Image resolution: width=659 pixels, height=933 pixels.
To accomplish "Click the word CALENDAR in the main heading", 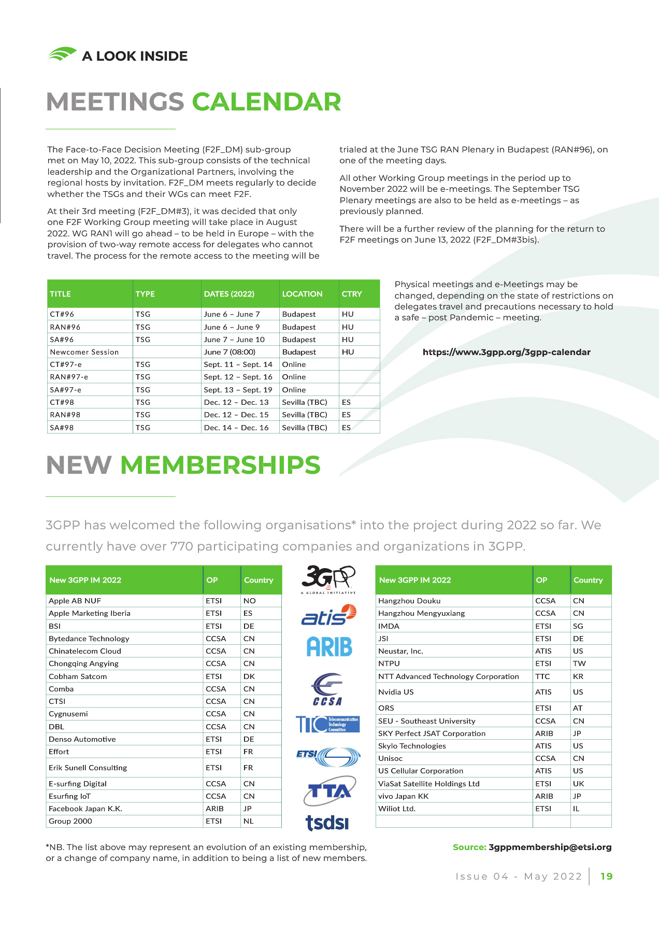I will [266, 102].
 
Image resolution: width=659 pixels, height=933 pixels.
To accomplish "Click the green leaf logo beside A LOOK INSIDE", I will [62, 54].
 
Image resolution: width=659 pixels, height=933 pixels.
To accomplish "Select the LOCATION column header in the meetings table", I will [302, 294].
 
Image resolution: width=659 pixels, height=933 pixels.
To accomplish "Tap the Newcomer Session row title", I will [84, 352].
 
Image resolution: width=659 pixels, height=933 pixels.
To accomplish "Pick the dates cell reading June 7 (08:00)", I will [230, 352].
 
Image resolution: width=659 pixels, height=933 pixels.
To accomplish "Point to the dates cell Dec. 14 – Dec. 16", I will [236, 428].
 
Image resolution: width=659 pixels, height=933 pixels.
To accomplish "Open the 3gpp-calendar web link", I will [506, 352].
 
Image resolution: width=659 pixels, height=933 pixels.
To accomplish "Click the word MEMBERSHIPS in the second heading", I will [220, 465].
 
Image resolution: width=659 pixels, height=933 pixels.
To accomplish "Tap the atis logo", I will [328, 615].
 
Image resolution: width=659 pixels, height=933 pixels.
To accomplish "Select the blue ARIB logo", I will [329, 647].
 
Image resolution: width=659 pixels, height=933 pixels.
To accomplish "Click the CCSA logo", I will [327, 689].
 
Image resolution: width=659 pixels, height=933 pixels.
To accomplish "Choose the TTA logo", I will [329, 790].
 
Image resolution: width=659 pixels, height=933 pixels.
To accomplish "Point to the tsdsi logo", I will [327, 822].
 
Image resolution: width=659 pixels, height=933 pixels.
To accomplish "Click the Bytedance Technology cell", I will [89, 639].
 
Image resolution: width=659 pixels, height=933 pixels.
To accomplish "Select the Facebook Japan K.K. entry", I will [85, 809].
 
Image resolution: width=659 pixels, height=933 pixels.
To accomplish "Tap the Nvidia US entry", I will [396, 692].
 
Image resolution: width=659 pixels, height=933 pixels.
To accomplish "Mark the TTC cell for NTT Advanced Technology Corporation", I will [542, 676].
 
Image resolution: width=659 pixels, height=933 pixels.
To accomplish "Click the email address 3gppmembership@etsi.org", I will [550, 847].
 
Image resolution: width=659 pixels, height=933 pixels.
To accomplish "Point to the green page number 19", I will [607, 877].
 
